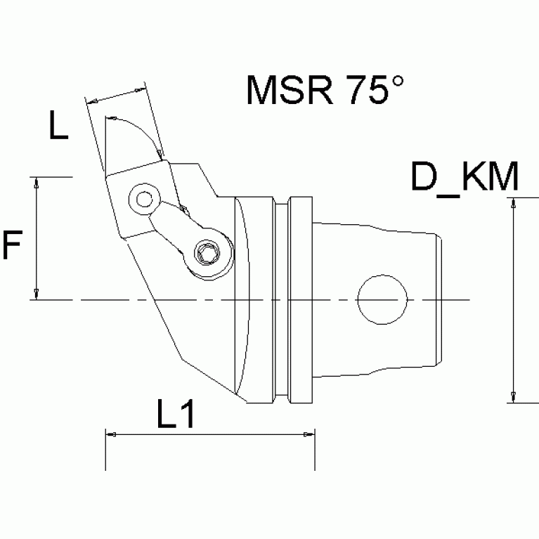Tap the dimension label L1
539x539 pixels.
[x=174, y=417]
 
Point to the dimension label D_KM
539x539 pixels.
[x=465, y=178]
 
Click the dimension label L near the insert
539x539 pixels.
[x=58, y=126]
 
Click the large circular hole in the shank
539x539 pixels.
[x=382, y=300]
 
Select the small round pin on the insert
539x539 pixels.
[x=143, y=200]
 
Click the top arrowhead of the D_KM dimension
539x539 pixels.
[x=514, y=203]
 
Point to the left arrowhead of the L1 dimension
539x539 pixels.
[x=110, y=435]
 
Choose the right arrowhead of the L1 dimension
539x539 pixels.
[x=310, y=435]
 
